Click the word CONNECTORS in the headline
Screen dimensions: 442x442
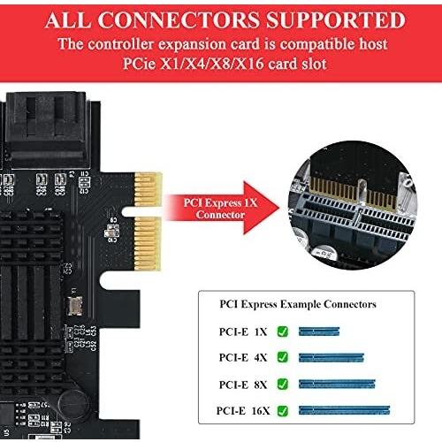(179, 20)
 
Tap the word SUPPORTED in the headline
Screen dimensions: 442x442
(336, 20)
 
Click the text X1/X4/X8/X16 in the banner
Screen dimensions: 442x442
(211, 64)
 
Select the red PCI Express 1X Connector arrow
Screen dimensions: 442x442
(222, 209)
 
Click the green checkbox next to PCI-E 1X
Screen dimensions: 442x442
(283, 331)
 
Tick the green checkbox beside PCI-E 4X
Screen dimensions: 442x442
(283, 357)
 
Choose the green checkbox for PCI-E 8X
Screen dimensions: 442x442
(283, 384)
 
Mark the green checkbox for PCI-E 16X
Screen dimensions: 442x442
(283, 410)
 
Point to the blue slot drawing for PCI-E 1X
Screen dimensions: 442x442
(319, 331)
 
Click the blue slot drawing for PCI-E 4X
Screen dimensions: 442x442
(331, 357)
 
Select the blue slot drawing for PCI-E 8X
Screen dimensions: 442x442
(337, 384)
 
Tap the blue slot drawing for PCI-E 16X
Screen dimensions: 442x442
(344, 410)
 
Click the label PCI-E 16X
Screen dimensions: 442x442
(243, 410)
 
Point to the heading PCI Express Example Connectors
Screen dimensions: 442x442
(298, 304)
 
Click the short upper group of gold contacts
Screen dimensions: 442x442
(149, 189)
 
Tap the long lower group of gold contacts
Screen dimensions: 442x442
(148, 243)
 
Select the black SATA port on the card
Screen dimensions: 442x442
(46, 130)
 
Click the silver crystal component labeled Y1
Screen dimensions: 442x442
(74, 306)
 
